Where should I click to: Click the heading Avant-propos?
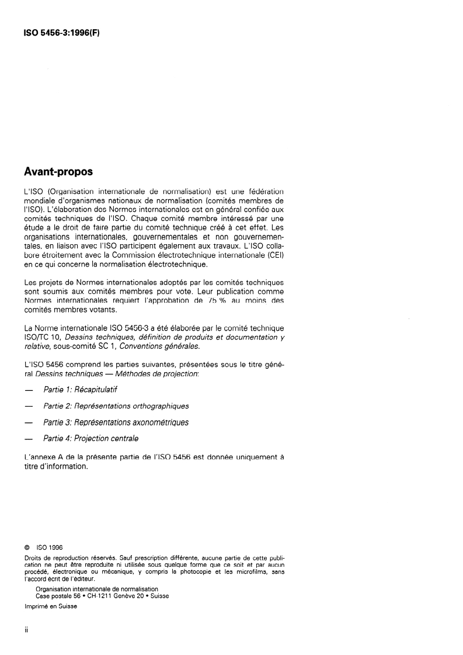(x=58, y=172)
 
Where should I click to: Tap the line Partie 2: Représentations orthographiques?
(x=116, y=406)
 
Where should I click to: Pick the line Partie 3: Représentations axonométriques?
(x=116, y=422)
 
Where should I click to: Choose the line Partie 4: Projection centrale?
(x=90, y=438)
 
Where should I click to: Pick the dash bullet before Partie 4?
(x=27, y=438)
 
